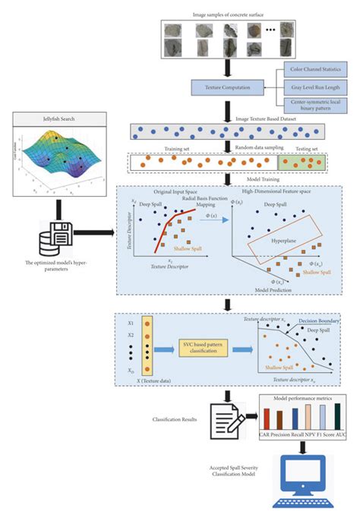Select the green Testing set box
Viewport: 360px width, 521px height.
304,161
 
